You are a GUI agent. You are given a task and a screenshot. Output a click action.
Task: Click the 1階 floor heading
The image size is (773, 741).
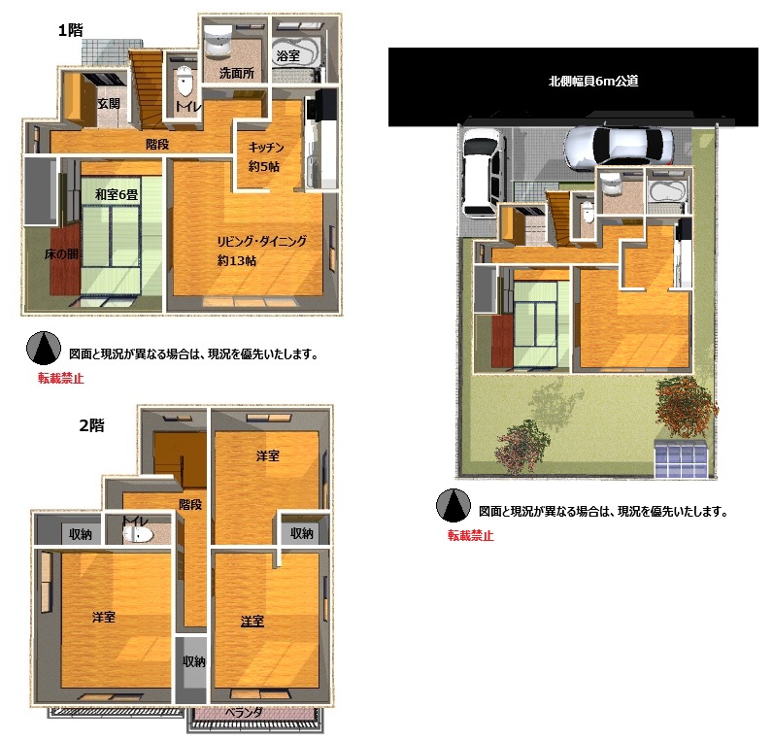tap(71, 30)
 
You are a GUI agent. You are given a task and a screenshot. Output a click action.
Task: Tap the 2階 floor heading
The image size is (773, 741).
tap(91, 425)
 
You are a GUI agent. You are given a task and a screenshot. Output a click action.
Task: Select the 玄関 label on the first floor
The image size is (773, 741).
tap(109, 104)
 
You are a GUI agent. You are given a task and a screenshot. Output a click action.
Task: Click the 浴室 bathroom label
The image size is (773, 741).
tap(287, 55)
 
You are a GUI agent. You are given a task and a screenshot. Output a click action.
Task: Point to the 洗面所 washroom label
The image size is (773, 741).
tap(237, 73)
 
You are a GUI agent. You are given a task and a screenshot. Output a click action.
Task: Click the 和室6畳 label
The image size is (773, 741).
tap(117, 194)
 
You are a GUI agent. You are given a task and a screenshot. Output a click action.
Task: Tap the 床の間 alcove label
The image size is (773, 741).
tap(61, 253)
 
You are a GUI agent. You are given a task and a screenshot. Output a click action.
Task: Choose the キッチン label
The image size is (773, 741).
tap(266, 148)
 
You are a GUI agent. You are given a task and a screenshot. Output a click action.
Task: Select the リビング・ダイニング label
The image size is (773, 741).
tap(262, 241)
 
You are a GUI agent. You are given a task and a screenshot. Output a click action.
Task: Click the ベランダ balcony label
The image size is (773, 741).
tap(244, 713)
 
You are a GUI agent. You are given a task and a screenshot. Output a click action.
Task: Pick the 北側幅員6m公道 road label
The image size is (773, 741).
tap(593, 81)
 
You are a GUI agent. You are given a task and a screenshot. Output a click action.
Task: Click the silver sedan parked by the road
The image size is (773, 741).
tap(619, 146)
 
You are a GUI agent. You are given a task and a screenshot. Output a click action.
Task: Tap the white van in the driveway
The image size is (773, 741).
tap(484, 173)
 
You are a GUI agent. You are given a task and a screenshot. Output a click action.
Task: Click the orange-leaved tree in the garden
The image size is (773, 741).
tap(687, 406)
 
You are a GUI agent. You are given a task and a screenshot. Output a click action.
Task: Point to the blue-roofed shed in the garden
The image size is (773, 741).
tap(682, 458)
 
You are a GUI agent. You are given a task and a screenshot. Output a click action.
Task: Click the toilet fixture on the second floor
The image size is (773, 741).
tap(138, 533)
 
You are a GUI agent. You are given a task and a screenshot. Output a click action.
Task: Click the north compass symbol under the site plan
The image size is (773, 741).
tap(454, 505)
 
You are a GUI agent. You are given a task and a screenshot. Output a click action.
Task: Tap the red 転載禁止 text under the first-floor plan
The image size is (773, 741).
tap(61, 378)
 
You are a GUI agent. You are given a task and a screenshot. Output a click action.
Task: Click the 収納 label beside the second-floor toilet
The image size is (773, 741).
tap(81, 534)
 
